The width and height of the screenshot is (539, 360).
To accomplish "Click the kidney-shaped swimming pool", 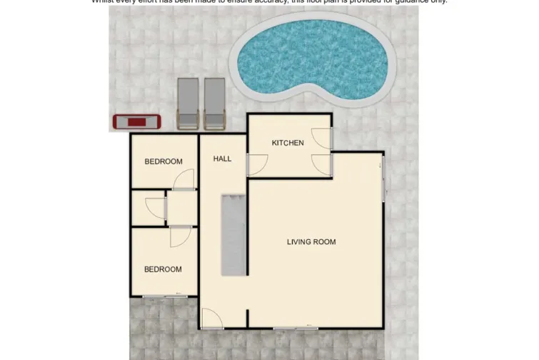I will point(311,56).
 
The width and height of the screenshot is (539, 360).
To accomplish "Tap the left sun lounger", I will point(188,103).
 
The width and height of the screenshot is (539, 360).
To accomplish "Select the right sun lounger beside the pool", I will point(215,103).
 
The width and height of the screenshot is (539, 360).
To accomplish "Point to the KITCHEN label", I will point(288,143).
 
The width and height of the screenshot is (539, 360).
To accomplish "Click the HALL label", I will point(222,159).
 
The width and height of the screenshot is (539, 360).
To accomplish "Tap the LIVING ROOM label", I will point(311,242).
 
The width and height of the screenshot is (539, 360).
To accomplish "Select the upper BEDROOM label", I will point(163,161).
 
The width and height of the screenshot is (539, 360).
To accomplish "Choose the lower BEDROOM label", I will point(163,269).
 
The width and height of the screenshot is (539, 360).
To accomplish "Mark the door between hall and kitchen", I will point(256,165).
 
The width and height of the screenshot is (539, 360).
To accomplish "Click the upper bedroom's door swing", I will point(184,181).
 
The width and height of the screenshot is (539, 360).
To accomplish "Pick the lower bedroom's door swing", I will point(180,236).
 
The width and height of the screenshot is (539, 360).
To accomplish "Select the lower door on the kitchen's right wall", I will point(322,164).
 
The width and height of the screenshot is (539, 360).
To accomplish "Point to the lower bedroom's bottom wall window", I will point(162,295).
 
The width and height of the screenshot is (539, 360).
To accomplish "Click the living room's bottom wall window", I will point(295,327).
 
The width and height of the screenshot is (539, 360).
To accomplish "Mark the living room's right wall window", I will point(383,179).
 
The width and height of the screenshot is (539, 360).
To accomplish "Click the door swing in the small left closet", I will point(155,208).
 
